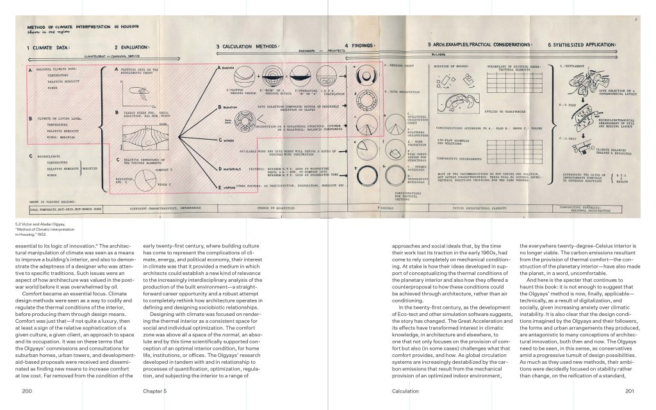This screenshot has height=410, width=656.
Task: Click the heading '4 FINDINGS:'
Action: pos(364,45)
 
